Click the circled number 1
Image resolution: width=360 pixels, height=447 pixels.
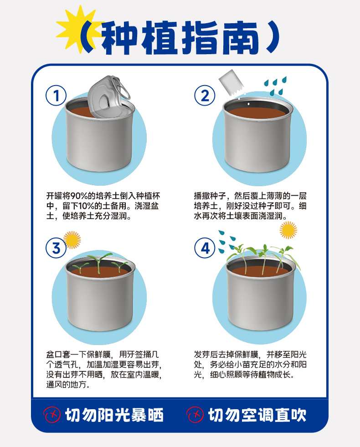(x=56, y=96)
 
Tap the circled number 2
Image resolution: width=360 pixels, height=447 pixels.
(x=205, y=96)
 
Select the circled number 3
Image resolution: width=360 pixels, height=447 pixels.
(x=56, y=248)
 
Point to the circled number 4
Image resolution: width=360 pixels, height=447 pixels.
(x=205, y=248)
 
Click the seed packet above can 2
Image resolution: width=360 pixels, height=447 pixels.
(x=231, y=83)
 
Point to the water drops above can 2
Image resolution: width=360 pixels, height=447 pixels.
(x=275, y=86)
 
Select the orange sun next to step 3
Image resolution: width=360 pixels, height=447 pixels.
(x=72, y=240)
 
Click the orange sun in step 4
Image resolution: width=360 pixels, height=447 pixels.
(x=288, y=230)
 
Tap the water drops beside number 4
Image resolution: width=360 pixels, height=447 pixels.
(x=227, y=242)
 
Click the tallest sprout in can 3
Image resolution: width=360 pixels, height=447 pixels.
(x=99, y=263)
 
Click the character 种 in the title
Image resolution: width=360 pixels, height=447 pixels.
(x=119, y=37)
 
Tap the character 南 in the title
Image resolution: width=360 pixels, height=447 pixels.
(x=240, y=37)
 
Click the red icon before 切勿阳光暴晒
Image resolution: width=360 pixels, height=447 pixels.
(x=52, y=415)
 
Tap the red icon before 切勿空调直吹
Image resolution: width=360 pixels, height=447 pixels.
(x=195, y=415)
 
